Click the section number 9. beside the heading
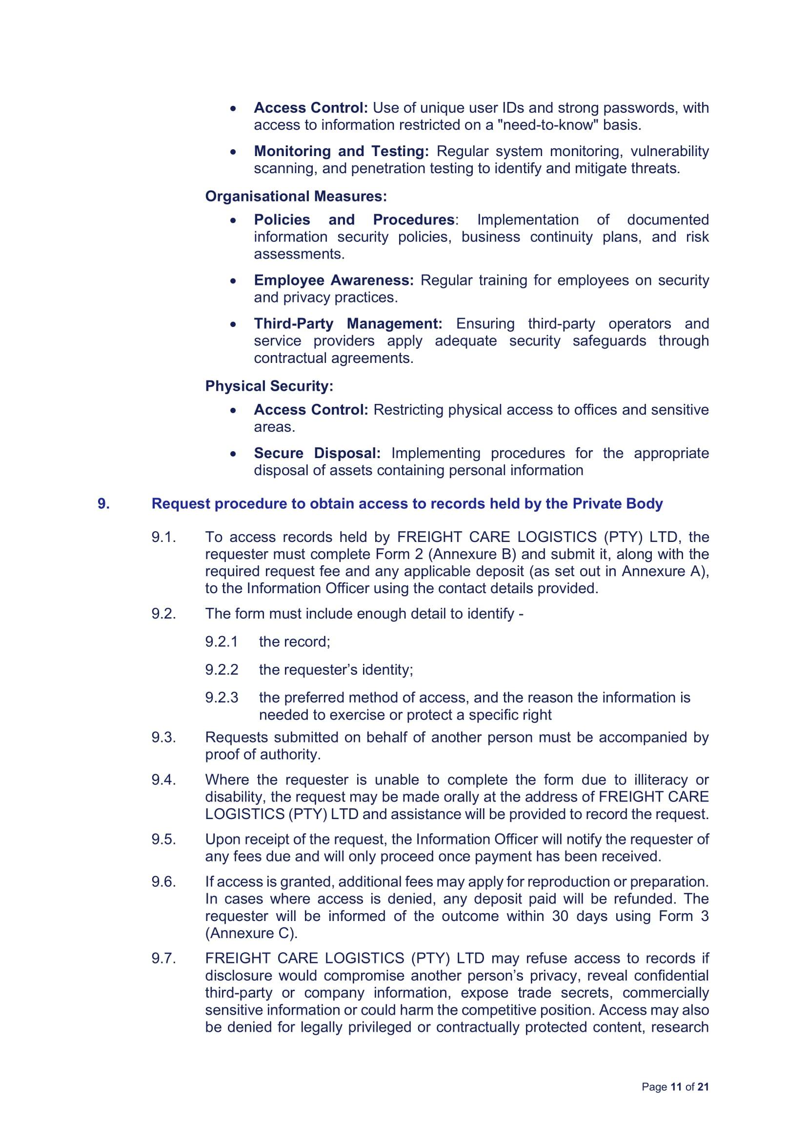pos(103,503)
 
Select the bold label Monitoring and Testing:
pos(341,151)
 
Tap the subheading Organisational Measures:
pos(296,196)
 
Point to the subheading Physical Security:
pos(269,386)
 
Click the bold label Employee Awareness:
pos(333,280)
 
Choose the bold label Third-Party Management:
pos(348,323)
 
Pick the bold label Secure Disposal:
pos(317,453)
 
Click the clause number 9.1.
pos(164,537)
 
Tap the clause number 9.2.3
pos(222,698)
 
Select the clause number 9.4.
pos(164,780)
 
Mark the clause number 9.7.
pos(164,959)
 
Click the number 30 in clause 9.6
pos(560,916)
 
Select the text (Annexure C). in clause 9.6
pos(251,933)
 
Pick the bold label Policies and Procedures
pos(354,220)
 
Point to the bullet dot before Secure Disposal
pos(233,454)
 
